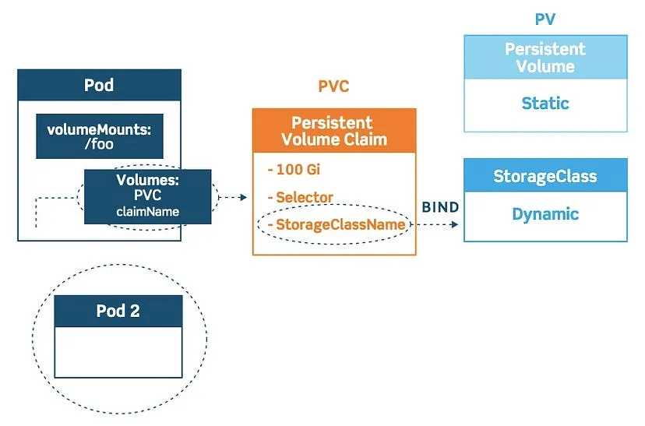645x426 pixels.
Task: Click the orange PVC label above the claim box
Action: tap(333, 86)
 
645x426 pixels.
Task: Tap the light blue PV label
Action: tap(545, 19)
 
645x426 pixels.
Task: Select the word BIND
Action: tap(440, 208)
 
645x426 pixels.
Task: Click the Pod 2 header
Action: tap(118, 311)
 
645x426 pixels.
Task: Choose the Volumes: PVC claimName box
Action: tap(148, 197)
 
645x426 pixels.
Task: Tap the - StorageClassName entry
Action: tap(336, 224)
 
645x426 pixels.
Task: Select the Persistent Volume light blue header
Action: tap(545, 57)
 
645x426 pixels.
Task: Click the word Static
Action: tap(545, 103)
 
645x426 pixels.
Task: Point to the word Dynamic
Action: tap(545, 214)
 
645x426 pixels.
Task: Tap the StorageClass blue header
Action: tap(545, 175)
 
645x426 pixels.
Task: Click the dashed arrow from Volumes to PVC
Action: tap(231, 198)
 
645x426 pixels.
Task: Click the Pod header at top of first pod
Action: tap(99, 85)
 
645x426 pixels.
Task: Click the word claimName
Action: tap(148, 211)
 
